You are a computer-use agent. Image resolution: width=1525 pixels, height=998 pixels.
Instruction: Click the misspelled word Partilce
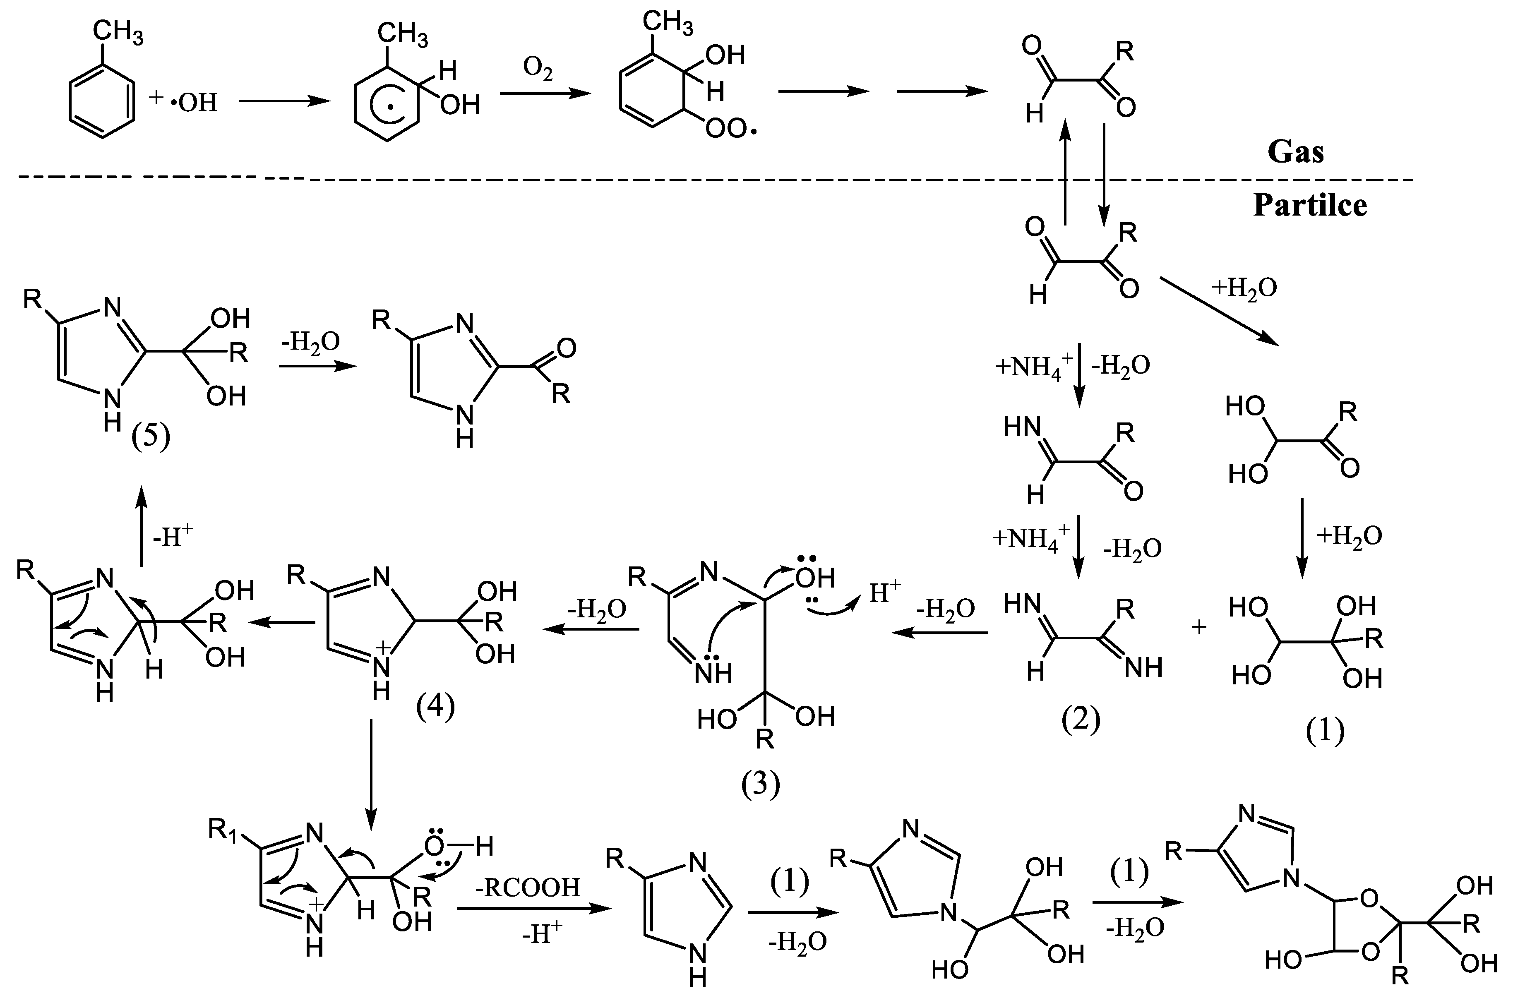(x=1310, y=205)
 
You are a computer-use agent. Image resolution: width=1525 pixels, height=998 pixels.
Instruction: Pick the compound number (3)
(x=761, y=784)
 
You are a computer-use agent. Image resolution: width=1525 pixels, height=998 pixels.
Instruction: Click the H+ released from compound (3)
(x=884, y=593)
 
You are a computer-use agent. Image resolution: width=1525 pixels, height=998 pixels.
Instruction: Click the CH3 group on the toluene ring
(x=118, y=32)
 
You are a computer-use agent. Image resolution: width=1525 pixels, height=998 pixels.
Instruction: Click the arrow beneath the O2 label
(x=545, y=94)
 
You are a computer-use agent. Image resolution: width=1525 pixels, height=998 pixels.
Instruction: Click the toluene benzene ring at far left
(x=102, y=101)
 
